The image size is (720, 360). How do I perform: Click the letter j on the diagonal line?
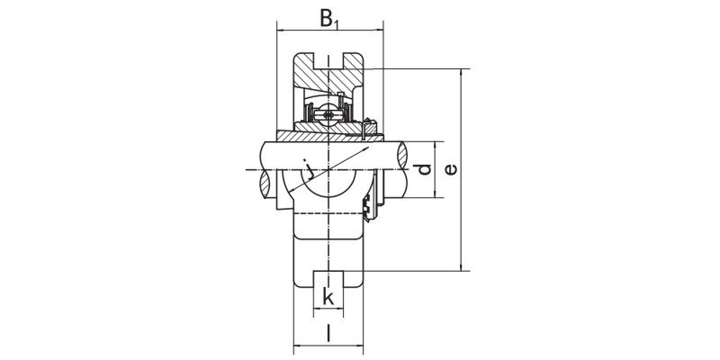pyautogui.click(x=309, y=166)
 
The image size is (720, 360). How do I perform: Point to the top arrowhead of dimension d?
pyautogui.click(x=437, y=145)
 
